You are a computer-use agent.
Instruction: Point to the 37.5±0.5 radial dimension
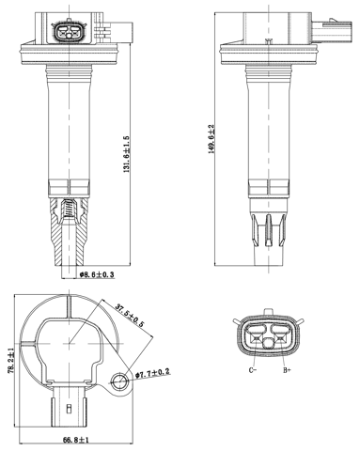point(129,316)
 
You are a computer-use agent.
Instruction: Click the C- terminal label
point(253,371)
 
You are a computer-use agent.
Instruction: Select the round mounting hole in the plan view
point(118,380)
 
